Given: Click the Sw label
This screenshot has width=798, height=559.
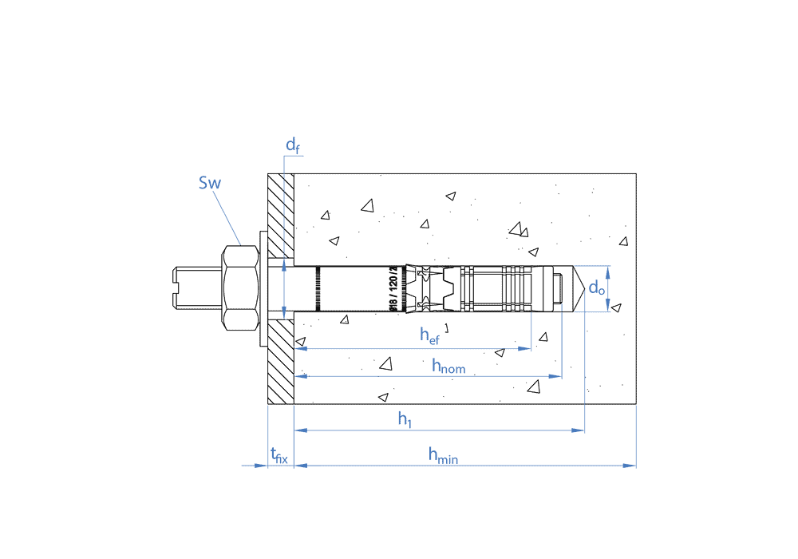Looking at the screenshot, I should click(210, 183).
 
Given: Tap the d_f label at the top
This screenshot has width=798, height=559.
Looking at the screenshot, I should click(293, 145).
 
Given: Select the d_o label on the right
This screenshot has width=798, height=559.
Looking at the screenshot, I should click(596, 288).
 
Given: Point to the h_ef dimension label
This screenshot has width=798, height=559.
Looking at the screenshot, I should click(429, 335).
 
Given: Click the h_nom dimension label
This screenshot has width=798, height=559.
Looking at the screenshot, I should click(448, 366).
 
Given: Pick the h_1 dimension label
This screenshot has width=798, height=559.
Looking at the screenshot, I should click(405, 418).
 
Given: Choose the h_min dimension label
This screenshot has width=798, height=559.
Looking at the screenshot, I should click(443, 455).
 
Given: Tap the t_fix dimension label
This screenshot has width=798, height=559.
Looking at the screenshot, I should click(279, 456).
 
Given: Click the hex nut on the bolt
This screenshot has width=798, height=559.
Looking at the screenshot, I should click(239, 288).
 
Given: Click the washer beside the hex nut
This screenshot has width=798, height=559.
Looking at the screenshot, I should click(263, 288).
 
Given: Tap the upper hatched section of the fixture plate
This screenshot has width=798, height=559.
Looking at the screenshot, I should click(281, 215).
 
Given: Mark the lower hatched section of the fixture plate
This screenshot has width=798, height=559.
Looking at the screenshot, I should click(281, 361).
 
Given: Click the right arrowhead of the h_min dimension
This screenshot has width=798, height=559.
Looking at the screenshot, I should click(631, 465).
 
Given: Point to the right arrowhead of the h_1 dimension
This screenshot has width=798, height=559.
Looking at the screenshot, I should click(579, 430).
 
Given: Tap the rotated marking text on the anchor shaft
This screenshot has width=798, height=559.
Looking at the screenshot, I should click(392, 289).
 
